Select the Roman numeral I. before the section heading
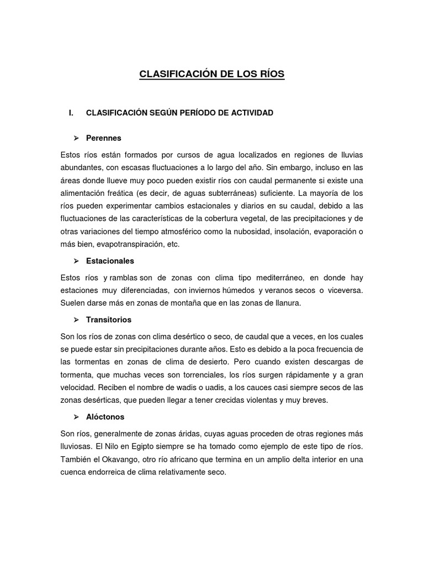[x=71, y=113]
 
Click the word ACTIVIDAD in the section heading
[x=248, y=113]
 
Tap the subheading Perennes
[x=103, y=137]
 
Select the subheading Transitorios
[x=108, y=319]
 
